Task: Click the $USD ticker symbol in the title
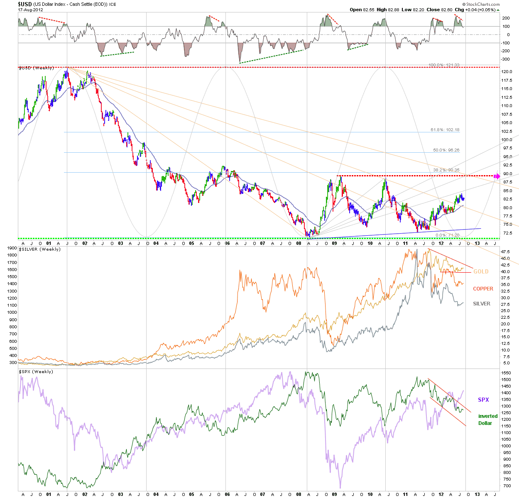tap(25, 4)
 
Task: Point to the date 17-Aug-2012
tap(30, 10)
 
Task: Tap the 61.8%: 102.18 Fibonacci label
tap(445, 130)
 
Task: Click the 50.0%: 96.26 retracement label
tap(446, 150)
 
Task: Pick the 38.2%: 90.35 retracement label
tap(446, 170)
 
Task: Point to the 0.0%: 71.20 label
tap(448, 235)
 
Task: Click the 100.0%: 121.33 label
tap(444, 65)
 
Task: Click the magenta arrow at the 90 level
tap(497, 176)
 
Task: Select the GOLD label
tap(481, 272)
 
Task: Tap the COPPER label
tap(483, 289)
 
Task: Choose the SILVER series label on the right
tap(481, 304)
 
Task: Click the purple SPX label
tap(483, 400)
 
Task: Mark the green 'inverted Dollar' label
tap(488, 420)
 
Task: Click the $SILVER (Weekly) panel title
tap(40, 249)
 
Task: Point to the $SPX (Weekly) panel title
tap(36, 372)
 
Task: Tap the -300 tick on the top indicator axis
tap(506, 59)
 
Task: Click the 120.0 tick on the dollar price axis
tap(507, 72)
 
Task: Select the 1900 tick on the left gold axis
tap(12, 248)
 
